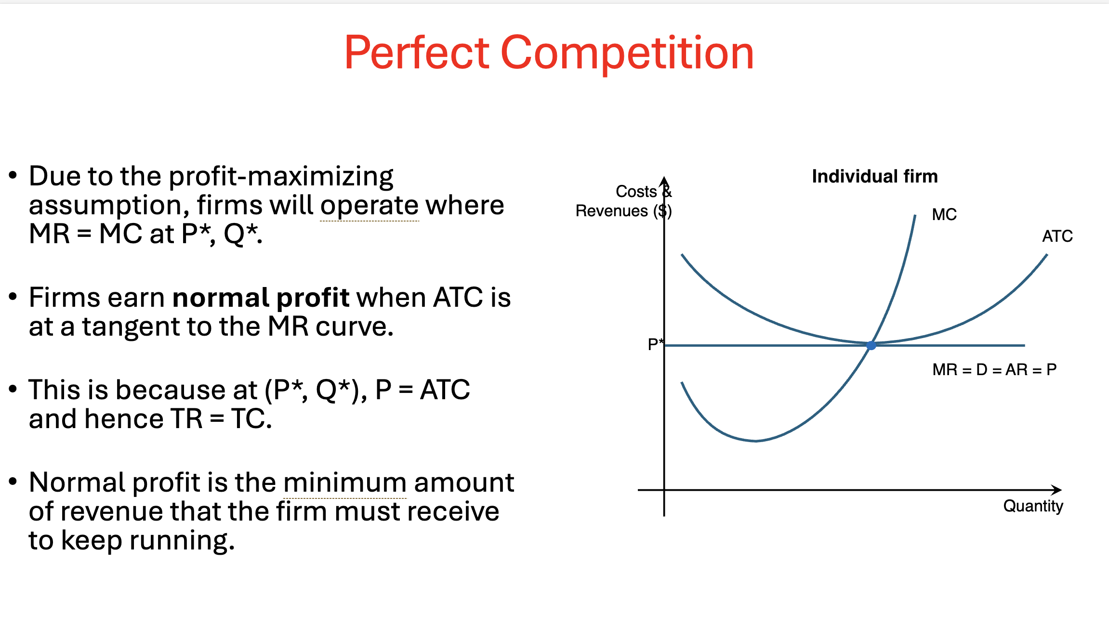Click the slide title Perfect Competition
tap(549, 53)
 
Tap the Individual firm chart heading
tap(875, 176)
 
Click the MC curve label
tap(944, 214)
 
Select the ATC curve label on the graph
tap(1057, 236)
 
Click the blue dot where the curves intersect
tap(871, 345)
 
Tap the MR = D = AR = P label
tap(994, 369)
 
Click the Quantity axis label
tap(1033, 506)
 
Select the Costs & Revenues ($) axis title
tap(624, 201)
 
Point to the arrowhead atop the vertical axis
tap(664, 181)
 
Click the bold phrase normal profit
tap(261, 298)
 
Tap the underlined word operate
tap(370, 206)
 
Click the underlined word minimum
tap(345, 483)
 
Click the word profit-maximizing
tap(281, 177)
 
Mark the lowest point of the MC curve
tap(755, 441)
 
